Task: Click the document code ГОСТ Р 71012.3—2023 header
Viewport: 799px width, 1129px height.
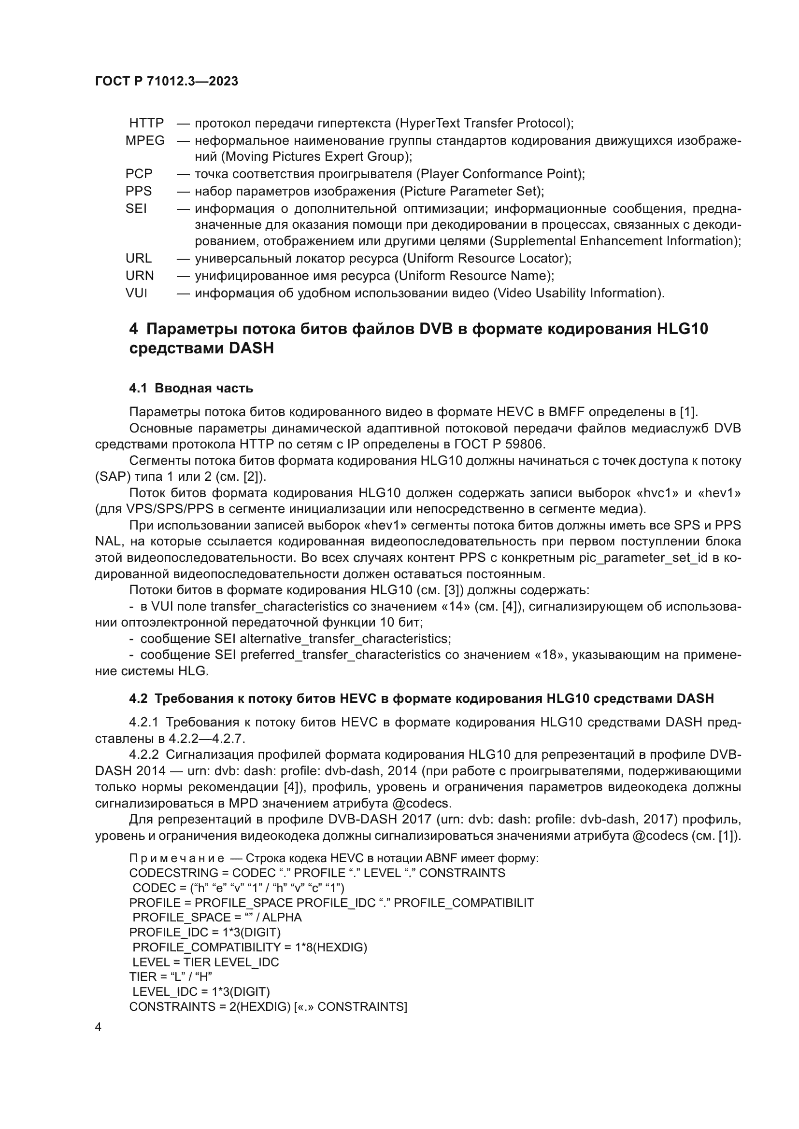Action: click(166, 81)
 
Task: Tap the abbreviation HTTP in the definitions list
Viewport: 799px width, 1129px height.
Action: click(146, 123)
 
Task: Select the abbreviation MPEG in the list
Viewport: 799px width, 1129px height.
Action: click(144, 140)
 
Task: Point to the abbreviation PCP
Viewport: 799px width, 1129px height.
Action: click(139, 174)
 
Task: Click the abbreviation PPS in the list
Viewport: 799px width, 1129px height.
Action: click(138, 191)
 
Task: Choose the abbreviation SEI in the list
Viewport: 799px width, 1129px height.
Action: click(136, 209)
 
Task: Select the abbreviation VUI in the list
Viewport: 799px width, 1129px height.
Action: click(136, 293)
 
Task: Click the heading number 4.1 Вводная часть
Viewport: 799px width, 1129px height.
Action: click(191, 389)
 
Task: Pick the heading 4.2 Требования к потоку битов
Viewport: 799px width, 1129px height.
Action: click(421, 699)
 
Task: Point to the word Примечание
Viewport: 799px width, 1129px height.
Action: click(177, 859)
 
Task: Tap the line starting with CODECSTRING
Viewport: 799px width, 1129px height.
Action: click(317, 873)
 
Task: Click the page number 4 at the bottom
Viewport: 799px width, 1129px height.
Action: click(98, 1028)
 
